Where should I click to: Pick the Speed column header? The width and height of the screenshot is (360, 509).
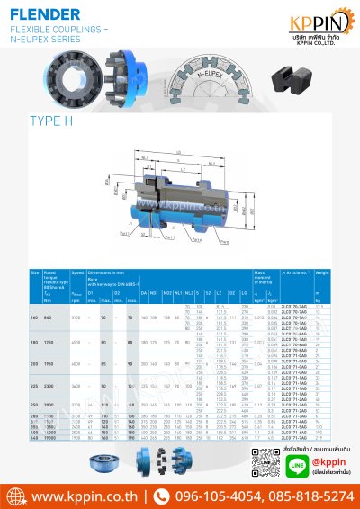coord(77,272)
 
